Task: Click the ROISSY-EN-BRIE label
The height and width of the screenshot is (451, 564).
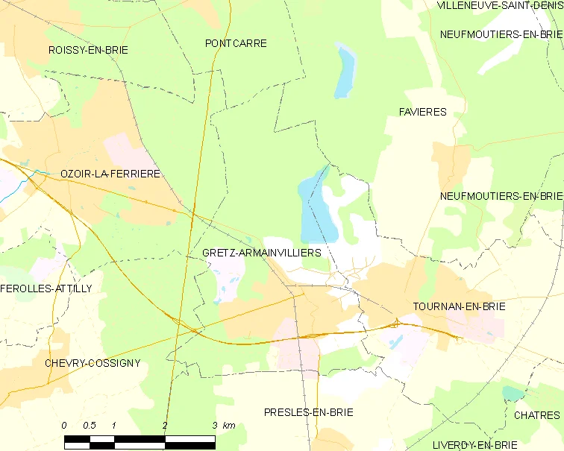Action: (x=87, y=50)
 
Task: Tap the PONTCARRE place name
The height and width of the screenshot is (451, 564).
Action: (x=236, y=43)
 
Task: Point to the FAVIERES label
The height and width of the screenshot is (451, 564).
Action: (x=422, y=112)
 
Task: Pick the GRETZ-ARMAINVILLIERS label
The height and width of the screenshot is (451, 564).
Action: (x=261, y=253)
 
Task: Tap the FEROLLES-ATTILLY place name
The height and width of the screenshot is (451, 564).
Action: (x=46, y=288)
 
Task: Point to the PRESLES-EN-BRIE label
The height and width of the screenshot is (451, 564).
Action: (x=308, y=411)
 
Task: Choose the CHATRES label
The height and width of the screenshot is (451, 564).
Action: (x=536, y=415)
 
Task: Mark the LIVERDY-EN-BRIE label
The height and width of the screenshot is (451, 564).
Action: (x=474, y=445)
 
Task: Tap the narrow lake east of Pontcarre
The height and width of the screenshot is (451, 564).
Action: (x=344, y=72)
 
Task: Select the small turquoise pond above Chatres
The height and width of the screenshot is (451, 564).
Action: (x=513, y=392)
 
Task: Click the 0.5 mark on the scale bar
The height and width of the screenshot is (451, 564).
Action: (x=90, y=425)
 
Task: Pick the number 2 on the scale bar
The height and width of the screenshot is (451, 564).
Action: (x=165, y=425)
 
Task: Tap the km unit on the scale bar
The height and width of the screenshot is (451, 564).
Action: (x=229, y=425)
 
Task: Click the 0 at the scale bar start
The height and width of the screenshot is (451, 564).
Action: (x=64, y=425)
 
